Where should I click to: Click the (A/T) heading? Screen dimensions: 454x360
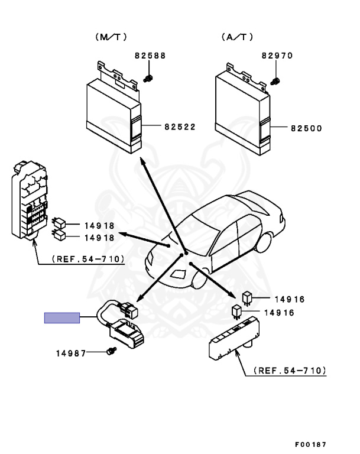238,37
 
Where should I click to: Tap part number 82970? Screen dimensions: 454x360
277,56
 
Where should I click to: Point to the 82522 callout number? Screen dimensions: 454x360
180,127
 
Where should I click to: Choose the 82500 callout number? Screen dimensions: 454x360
306,127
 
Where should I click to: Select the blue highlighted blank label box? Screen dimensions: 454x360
62,317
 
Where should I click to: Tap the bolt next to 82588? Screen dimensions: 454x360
149,78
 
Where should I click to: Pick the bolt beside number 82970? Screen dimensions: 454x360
275,80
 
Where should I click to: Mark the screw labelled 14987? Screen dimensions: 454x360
110,352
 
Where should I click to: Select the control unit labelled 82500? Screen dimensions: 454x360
242,112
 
